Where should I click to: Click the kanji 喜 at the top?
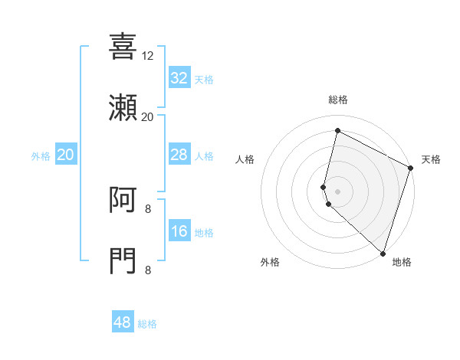point(123,46)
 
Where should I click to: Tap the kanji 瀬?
point(123,108)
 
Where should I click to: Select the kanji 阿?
point(123,200)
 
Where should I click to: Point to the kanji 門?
point(123,261)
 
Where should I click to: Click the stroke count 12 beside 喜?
point(148,56)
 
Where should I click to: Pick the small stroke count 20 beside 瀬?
point(148,117)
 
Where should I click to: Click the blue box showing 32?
point(179,78)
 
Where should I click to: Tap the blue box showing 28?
point(179,155)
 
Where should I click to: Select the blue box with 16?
point(179,231)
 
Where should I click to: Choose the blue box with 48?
point(123,322)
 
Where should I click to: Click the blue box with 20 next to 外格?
point(66,155)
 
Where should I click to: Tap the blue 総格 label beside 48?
point(147,324)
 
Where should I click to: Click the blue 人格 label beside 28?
point(204,156)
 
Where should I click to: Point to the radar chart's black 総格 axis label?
point(337,100)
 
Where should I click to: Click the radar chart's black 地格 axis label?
point(402,262)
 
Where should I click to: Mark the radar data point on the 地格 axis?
point(383,253)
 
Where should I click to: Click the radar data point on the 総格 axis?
point(337,131)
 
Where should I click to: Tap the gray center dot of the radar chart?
point(337,191)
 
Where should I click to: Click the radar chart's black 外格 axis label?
point(270,262)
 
